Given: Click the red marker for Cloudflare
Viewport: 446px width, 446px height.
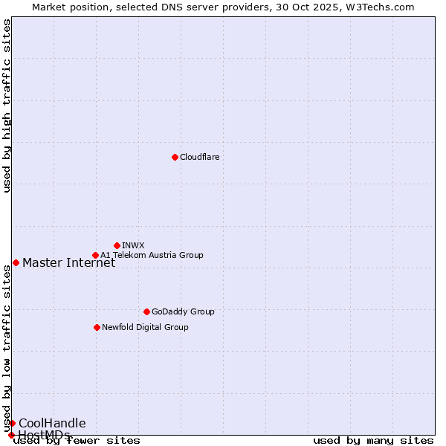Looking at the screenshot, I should click(x=175, y=157).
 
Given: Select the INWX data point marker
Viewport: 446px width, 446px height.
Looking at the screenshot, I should click(x=117, y=245).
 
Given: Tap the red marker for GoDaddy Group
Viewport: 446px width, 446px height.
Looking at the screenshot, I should click(x=146, y=311).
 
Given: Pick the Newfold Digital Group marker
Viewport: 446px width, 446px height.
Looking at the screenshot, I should click(x=97, y=327).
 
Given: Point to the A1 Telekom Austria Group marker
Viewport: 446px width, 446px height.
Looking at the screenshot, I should click(x=95, y=255).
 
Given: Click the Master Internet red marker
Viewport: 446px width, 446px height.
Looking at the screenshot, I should click(x=16, y=262).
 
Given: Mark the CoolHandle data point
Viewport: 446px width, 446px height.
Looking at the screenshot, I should click(x=12, y=423).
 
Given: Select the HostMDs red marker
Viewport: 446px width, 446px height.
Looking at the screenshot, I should click(x=11, y=435).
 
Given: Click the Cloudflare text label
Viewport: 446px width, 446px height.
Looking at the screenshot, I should click(x=199, y=157).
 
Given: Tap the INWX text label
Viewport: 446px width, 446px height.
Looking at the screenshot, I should click(x=133, y=245).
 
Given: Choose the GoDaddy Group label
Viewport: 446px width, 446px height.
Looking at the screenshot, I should click(x=183, y=311).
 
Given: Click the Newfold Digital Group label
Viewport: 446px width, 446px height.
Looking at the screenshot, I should click(x=145, y=327).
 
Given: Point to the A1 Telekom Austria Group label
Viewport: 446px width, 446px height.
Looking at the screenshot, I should click(x=152, y=255).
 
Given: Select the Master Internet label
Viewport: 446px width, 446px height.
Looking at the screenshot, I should click(x=68, y=262).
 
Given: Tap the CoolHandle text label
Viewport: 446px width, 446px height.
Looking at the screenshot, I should click(x=52, y=423).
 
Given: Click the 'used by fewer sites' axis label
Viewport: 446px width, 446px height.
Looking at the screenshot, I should click(x=77, y=440).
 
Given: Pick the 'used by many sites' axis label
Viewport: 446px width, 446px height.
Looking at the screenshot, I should click(x=373, y=440).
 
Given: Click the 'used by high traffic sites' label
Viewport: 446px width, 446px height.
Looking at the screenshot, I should click(x=7, y=106).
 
